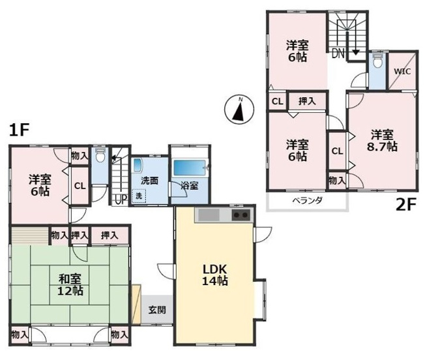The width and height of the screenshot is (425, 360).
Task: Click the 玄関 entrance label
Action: point(156,310)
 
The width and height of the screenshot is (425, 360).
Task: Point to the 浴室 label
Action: point(181,186)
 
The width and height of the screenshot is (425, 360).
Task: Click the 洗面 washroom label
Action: point(142,181)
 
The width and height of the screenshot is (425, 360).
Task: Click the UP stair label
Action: point(119,199)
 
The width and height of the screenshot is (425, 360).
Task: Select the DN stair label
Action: point(337,54)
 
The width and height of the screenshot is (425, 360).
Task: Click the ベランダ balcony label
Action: point(306,200)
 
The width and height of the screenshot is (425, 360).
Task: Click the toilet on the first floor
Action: point(100,157)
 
